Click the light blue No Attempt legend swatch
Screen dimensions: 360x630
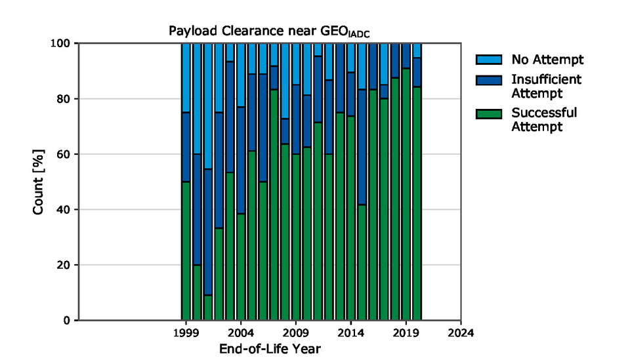click(x=489, y=60)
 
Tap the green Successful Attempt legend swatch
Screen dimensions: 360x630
click(x=489, y=113)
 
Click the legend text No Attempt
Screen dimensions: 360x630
click(x=547, y=60)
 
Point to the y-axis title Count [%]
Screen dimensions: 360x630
click(x=39, y=182)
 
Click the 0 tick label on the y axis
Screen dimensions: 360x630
click(x=66, y=321)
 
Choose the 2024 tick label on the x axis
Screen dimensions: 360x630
click(x=461, y=333)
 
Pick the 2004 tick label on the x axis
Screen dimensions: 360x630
click(x=241, y=333)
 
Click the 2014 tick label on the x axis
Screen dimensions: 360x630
click(x=351, y=333)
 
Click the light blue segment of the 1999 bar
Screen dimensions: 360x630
click(x=186, y=77)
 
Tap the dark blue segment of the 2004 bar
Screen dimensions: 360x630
click(x=241, y=160)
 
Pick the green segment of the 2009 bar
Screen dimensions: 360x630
click(x=296, y=237)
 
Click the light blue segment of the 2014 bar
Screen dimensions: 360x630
click(x=351, y=57)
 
